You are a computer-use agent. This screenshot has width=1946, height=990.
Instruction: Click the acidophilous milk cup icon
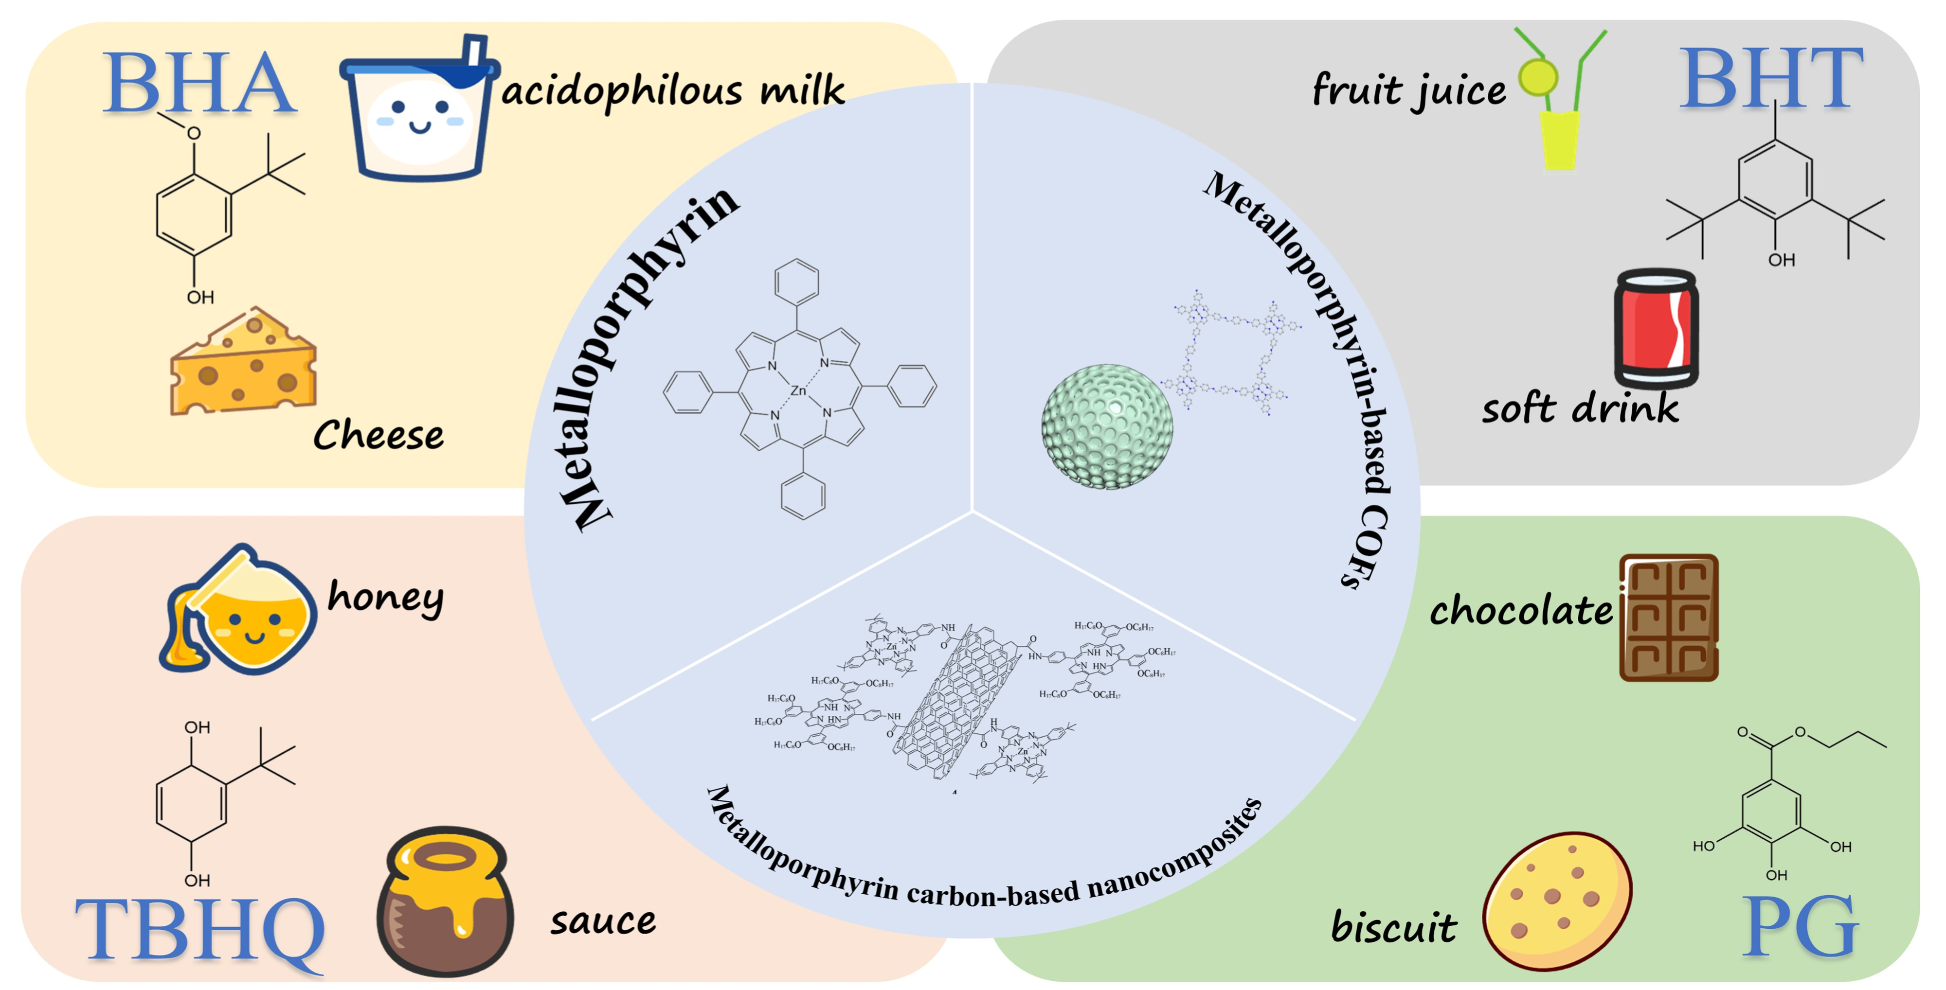coord(418,109)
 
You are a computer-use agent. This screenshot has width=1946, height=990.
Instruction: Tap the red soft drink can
coord(1656,329)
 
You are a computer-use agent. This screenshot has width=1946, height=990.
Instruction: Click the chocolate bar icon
coord(1668,618)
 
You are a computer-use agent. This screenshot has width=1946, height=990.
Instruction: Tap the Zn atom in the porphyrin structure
coord(798,390)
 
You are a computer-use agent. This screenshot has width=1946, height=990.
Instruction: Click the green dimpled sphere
coord(1107,426)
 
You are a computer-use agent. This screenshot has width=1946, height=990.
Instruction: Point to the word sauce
coord(603,921)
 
